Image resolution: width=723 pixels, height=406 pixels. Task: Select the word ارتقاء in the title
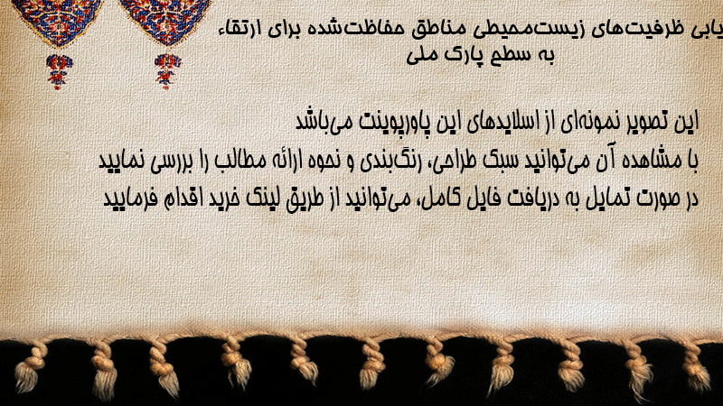(x=238, y=29)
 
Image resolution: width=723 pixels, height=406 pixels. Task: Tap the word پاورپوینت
(x=400, y=123)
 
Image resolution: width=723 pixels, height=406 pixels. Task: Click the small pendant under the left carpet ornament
(x=59, y=71)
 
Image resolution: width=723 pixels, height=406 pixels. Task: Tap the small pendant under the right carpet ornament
(x=167, y=71)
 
